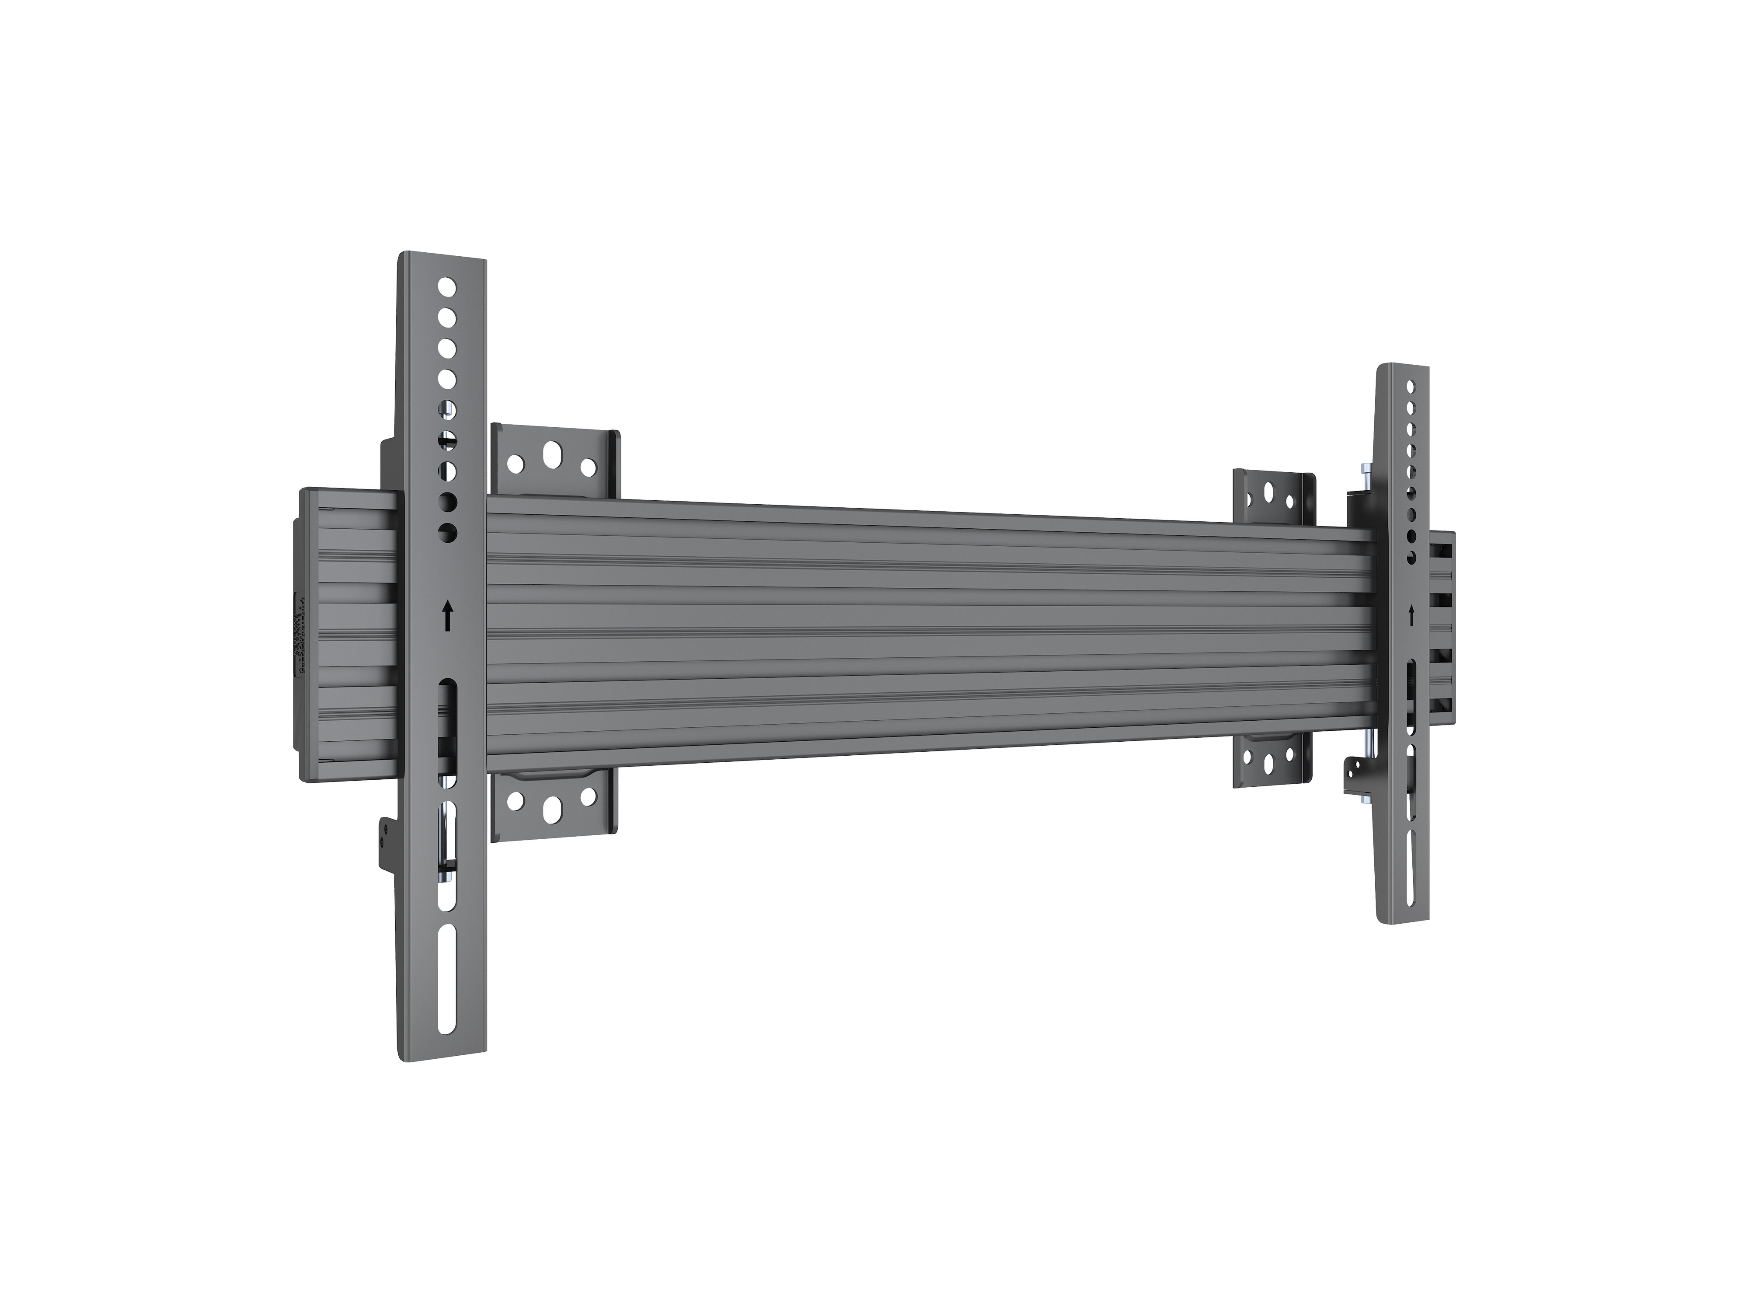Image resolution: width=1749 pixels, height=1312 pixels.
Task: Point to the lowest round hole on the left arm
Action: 448,532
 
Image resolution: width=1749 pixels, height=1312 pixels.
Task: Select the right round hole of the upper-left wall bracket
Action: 588,468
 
